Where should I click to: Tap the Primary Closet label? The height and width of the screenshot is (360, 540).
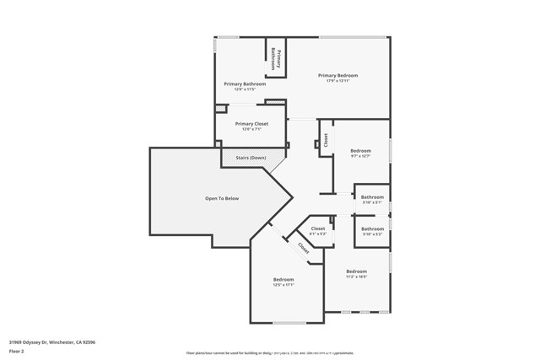tap(251, 124)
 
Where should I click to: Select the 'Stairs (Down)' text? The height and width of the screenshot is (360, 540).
tap(251, 158)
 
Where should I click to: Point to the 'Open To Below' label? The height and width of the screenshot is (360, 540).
tap(222, 198)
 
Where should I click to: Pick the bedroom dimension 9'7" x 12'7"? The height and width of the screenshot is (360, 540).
tap(360, 156)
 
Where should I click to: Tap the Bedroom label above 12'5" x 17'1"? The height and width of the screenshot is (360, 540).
tap(283, 279)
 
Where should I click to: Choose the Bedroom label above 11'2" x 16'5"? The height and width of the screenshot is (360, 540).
tap(357, 271)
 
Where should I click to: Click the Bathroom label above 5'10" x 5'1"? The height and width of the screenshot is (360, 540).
tap(372, 197)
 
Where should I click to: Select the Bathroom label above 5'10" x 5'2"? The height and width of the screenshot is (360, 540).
tap(372, 228)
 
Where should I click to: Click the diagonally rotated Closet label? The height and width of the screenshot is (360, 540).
tap(303, 248)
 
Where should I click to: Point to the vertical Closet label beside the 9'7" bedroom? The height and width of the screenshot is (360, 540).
tap(326, 141)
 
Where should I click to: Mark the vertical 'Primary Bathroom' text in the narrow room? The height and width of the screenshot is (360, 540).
tap(273, 58)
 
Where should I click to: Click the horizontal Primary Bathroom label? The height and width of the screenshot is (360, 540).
tap(245, 84)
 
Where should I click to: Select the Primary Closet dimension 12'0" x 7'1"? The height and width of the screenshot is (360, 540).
tap(251, 130)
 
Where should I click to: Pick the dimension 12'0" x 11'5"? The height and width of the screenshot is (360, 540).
tap(245, 89)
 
